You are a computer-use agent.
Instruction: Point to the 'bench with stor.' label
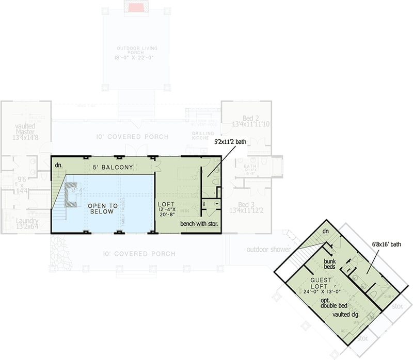(199, 224)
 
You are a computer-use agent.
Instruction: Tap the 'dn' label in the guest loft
(325, 232)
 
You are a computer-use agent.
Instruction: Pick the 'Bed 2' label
(250, 118)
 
